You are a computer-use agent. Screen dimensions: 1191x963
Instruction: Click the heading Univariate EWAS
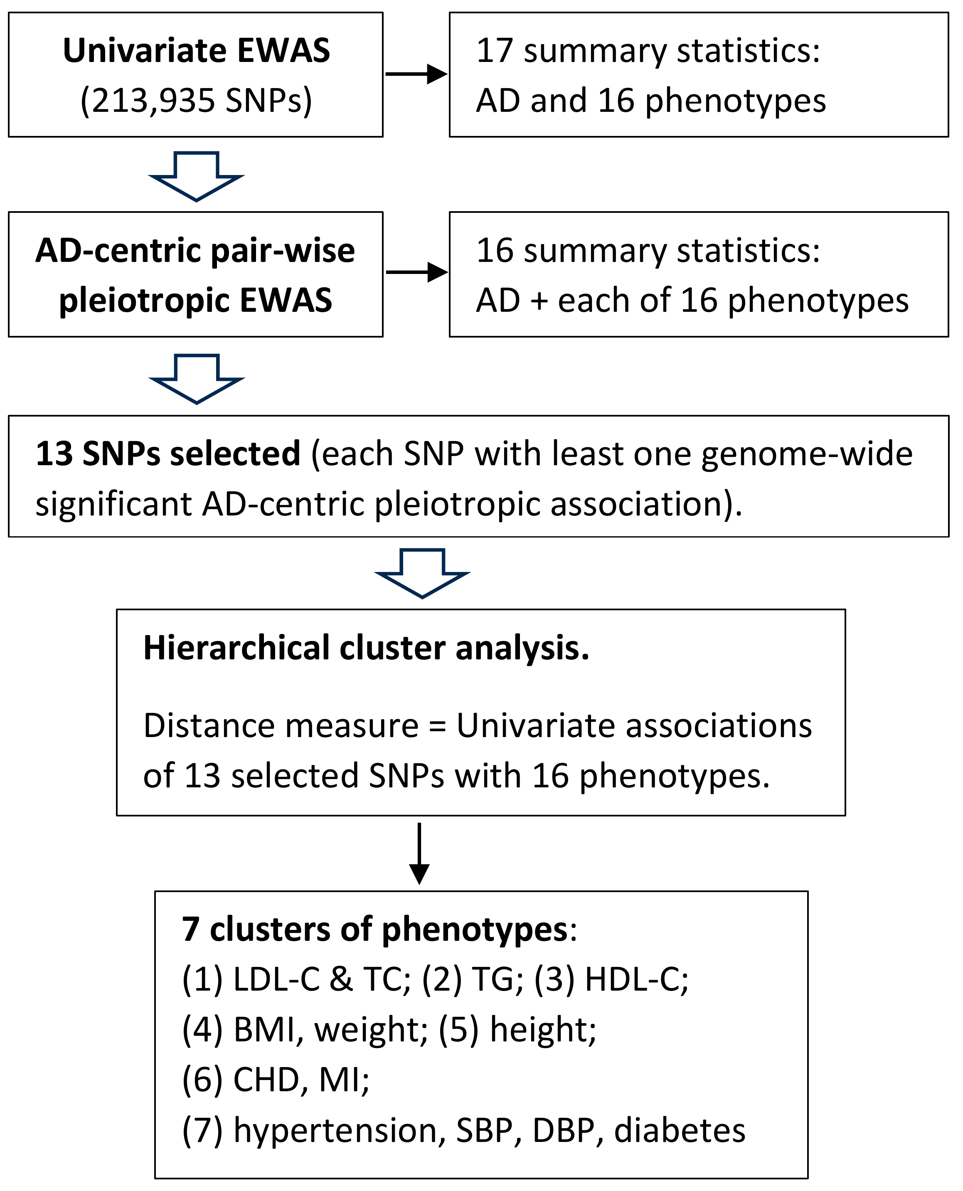click(x=196, y=51)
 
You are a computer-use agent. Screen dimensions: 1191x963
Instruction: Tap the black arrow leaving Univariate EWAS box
click(x=416, y=73)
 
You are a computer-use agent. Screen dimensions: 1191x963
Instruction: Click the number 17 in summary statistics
click(x=494, y=51)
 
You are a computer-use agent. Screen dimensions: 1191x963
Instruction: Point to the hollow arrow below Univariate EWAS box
click(x=196, y=176)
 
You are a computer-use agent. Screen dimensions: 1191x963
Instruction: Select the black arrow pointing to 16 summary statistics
click(x=416, y=272)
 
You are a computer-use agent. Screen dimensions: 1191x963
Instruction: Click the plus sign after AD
click(x=539, y=301)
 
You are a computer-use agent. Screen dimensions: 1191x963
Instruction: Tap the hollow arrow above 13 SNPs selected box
click(x=196, y=379)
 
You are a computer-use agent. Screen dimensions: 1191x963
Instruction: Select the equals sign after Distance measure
click(x=437, y=726)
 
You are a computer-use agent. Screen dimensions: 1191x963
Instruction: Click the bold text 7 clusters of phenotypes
click(x=374, y=929)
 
